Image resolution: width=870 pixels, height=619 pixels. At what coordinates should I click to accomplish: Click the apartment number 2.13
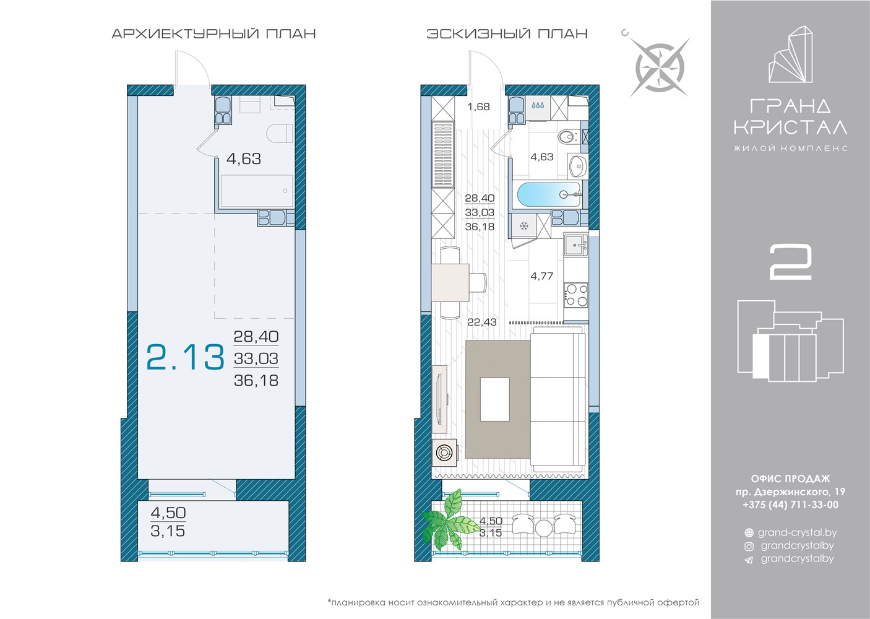(185, 357)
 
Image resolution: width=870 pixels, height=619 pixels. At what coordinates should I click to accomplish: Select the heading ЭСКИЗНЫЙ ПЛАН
(507, 34)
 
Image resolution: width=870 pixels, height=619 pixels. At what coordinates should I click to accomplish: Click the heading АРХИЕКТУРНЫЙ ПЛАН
(213, 34)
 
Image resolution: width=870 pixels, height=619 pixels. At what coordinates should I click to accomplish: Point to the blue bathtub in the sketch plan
(549, 196)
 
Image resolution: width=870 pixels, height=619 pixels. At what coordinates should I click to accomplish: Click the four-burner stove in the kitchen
(576, 295)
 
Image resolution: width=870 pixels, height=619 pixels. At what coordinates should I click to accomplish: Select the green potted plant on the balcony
(450, 521)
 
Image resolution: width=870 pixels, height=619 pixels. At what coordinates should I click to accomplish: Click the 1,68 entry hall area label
(478, 107)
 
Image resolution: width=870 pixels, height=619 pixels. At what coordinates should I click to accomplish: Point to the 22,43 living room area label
(482, 322)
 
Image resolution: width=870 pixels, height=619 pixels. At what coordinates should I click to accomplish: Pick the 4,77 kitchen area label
(542, 276)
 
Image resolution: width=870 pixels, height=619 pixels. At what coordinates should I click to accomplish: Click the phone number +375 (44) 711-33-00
(790, 504)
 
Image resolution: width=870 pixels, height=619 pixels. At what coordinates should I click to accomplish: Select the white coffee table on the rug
(495, 399)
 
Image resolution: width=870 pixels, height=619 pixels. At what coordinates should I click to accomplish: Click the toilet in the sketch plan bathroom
(568, 137)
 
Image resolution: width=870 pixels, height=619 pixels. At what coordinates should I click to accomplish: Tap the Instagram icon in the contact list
(749, 547)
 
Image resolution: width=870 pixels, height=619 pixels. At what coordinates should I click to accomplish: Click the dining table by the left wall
(450, 282)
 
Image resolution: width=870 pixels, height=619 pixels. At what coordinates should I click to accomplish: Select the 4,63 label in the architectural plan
(244, 159)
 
